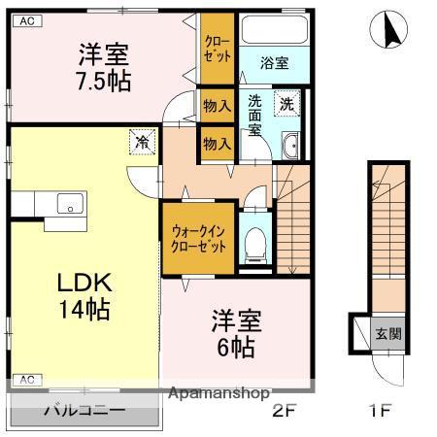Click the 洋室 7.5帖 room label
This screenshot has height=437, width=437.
[x=103, y=67]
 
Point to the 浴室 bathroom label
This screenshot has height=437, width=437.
[x=274, y=63]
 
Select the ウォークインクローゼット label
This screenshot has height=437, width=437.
[x=199, y=239]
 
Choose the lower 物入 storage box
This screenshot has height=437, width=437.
[x=217, y=143]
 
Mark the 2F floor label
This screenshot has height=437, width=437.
[x=283, y=410]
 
